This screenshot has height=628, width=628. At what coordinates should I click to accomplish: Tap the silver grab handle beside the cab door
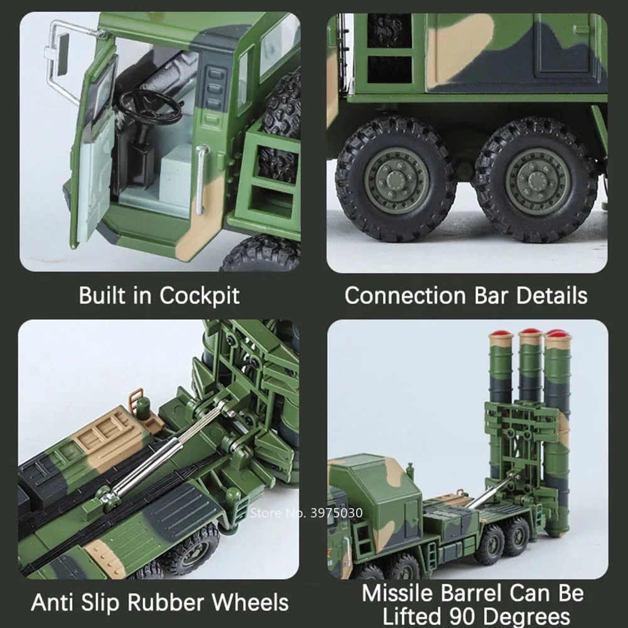[201, 179]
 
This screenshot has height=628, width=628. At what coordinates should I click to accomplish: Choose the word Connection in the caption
[408, 295]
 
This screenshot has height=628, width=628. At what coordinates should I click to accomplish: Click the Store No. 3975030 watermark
[306, 512]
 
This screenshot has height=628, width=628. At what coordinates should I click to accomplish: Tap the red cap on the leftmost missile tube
[501, 333]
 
